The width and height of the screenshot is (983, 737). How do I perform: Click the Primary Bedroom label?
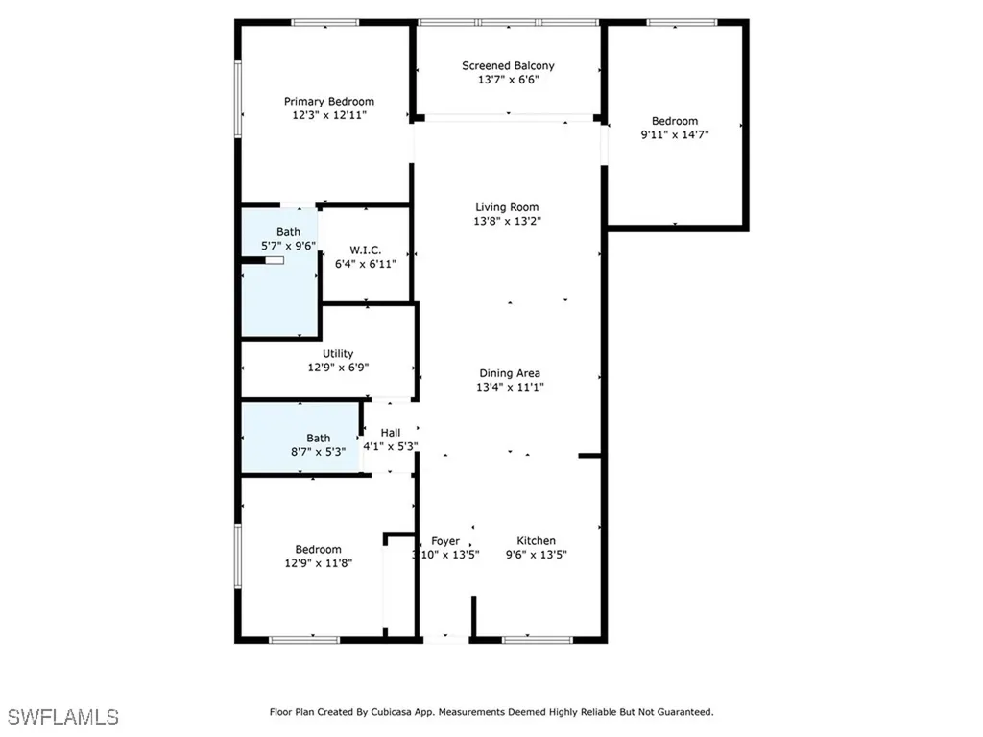pyautogui.click(x=328, y=101)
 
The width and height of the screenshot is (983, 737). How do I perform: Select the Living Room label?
pyautogui.click(x=507, y=206)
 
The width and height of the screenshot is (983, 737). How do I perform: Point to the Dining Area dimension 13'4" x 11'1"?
pyautogui.click(x=509, y=387)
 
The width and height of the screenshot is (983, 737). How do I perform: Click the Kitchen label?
pyautogui.click(x=536, y=541)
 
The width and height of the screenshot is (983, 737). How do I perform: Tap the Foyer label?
pyautogui.click(x=444, y=541)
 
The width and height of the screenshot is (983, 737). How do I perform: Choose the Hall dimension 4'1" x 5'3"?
pyautogui.click(x=390, y=446)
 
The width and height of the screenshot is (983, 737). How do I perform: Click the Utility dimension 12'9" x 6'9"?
pyautogui.click(x=337, y=367)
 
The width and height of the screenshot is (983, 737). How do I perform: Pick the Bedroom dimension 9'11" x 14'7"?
pyautogui.click(x=675, y=134)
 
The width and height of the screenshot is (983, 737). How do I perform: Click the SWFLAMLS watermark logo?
pyautogui.click(x=63, y=717)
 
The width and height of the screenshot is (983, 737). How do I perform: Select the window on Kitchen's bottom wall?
pyautogui.click(x=531, y=639)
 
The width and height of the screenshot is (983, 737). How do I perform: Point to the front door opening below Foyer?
pyautogui.click(x=445, y=638)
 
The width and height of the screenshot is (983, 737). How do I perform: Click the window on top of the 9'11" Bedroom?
pyautogui.click(x=681, y=22)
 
